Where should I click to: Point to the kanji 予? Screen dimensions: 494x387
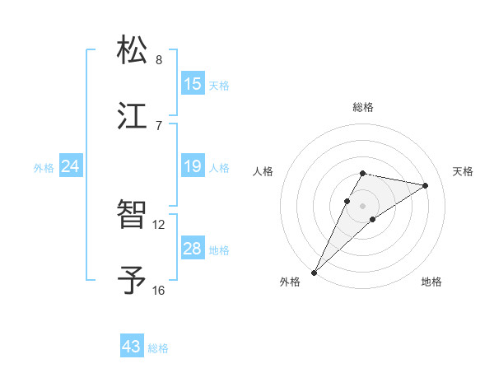[x=133, y=280]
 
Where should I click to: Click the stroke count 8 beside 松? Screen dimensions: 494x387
[x=159, y=60]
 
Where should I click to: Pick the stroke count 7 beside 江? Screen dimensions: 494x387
[x=159, y=125]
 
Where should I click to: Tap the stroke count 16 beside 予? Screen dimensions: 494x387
[x=159, y=290]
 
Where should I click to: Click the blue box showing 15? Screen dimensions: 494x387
[x=193, y=84]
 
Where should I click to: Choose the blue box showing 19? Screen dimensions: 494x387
[x=193, y=167]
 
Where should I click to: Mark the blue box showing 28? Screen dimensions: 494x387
[x=193, y=249]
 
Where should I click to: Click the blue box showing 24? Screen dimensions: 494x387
[x=71, y=167]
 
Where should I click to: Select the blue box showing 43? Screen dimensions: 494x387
[x=132, y=347]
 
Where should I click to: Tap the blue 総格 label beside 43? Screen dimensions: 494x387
[x=158, y=348]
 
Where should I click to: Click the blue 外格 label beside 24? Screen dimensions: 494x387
[x=44, y=168]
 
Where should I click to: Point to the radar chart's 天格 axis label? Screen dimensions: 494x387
[x=463, y=171]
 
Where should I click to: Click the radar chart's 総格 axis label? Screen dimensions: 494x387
[x=363, y=107]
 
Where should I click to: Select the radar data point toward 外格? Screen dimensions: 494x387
[x=315, y=272]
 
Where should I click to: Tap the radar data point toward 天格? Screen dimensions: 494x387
[x=426, y=185]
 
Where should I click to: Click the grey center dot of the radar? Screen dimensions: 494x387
[x=363, y=205]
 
